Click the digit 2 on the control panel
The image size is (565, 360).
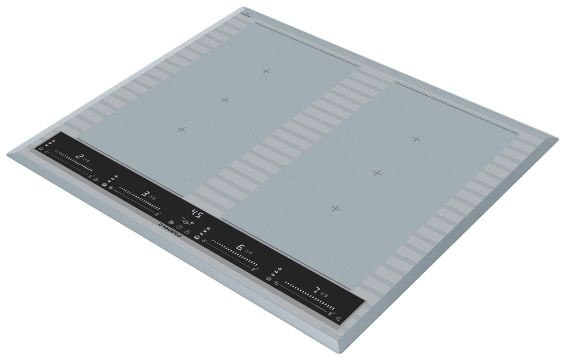tap(80, 157)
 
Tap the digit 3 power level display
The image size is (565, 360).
tap(146, 194)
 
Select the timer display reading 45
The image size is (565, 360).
tap(197, 215)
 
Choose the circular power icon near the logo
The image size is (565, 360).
tap(179, 227)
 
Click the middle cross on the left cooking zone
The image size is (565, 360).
tap(225, 100)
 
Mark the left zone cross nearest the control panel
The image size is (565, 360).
tap(182, 129)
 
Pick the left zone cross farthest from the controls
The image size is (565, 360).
tap(266, 71)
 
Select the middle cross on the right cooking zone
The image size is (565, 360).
tap(376, 172)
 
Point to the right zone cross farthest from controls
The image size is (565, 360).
tap(416, 138)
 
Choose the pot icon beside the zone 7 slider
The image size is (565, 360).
tap(269, 277)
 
